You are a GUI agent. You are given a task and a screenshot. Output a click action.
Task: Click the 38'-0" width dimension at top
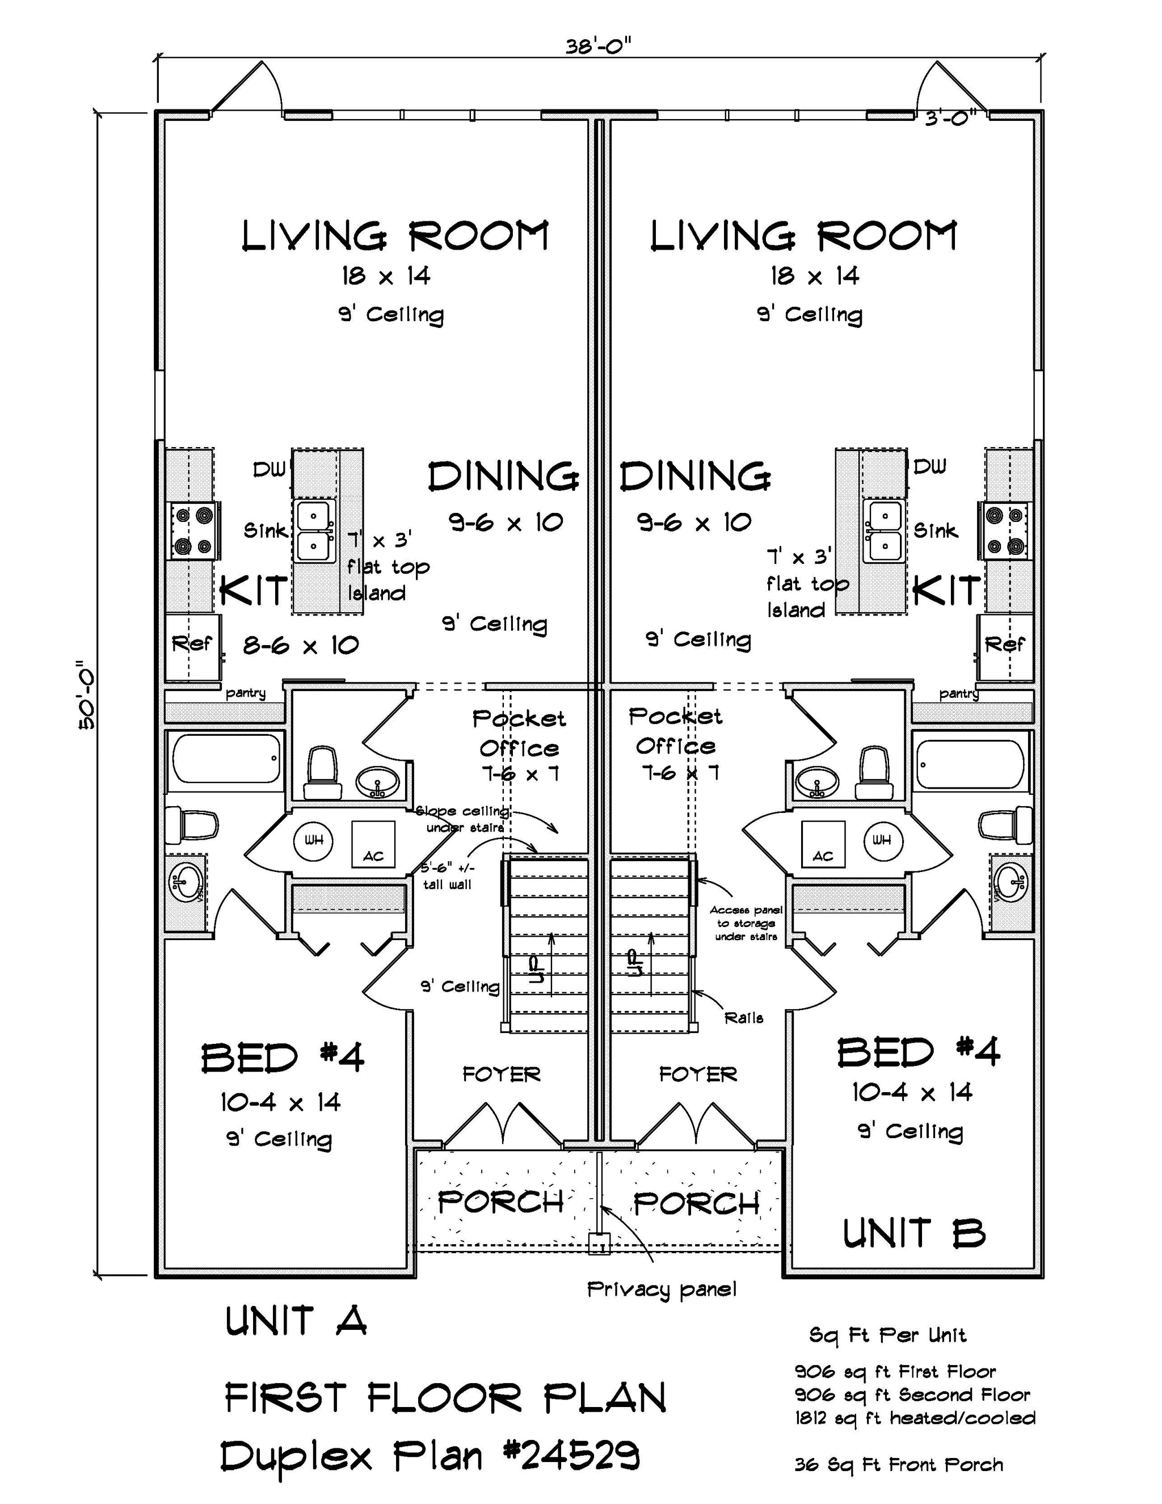click(x=598, y=47)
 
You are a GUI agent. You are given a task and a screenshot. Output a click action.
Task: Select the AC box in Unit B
click(x=823, y=845)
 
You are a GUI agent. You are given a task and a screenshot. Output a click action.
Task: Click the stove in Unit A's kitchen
click(x=194, y=530)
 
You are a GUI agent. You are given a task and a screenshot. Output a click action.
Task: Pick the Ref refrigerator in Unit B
click(x=1005, y=645)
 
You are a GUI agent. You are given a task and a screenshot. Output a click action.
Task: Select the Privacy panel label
click(x=661, y=1289)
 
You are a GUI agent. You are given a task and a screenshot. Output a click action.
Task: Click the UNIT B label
click(x=914, y=1233)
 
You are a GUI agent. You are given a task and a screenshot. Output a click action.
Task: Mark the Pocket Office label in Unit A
click(x=519, y=734)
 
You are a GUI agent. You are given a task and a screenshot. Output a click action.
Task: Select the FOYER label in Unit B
click(x=698, y=1075)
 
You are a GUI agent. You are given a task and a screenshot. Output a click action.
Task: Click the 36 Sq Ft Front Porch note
click(x=898, y=1464)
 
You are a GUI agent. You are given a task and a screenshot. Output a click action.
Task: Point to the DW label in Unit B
click(x=929, y=467)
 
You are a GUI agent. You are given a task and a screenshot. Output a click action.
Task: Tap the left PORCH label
click(x=501, y=1202)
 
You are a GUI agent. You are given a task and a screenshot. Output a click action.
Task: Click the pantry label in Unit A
click(x=246, y=692)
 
